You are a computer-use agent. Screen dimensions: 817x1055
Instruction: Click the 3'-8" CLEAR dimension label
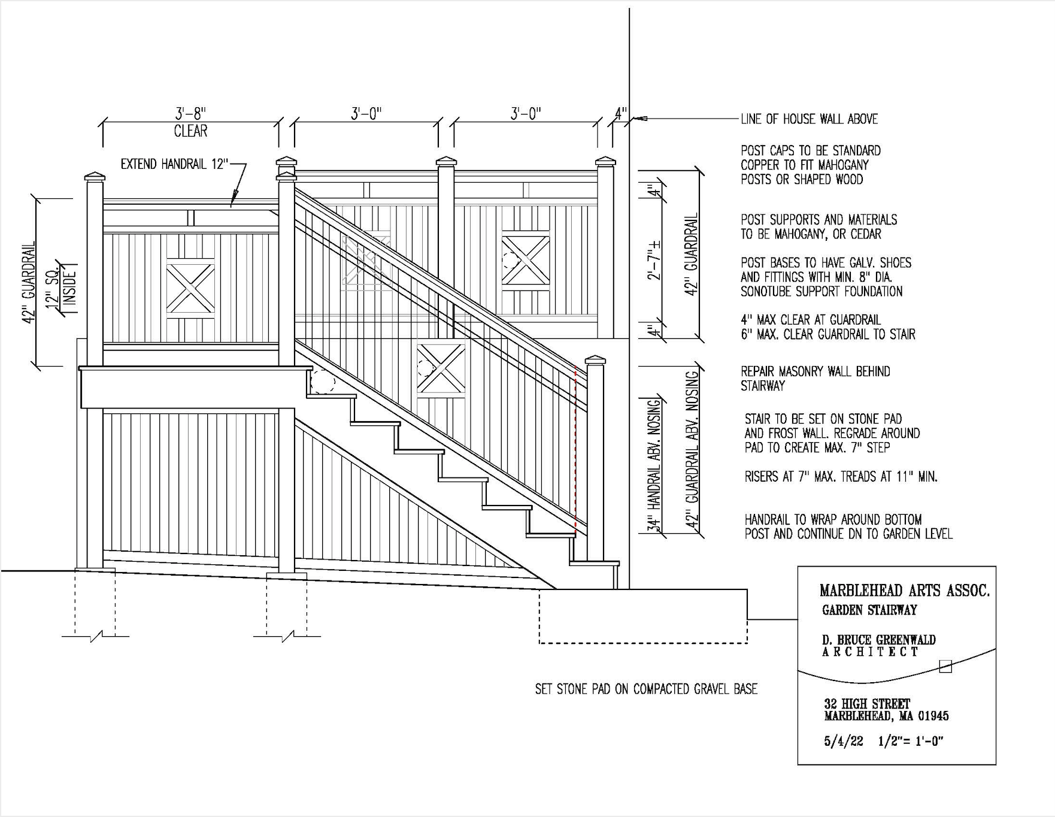point(190,122)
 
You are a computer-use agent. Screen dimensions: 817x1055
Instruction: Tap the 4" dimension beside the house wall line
point(620,113)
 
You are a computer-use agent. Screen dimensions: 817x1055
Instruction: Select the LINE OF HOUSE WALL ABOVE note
point(809,119)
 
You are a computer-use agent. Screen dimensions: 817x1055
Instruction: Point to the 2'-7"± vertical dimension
point(656,260)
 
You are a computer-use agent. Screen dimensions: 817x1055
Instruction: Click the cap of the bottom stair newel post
point(595,360)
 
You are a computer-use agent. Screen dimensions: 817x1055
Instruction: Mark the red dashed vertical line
point(575,449)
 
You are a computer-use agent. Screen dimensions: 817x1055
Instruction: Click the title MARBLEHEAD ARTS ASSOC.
point(904,591)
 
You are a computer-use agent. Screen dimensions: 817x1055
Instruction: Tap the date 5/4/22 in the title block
point(844,741)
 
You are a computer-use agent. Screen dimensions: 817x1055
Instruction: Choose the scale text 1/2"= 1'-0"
point(911,741)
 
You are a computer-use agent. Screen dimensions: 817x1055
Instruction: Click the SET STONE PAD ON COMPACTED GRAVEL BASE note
point(646,689)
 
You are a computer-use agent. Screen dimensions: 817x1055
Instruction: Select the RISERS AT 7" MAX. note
point(841,477)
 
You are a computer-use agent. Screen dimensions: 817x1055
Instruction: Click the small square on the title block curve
point(945,666)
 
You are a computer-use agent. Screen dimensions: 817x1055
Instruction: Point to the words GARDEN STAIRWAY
point(869,610)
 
